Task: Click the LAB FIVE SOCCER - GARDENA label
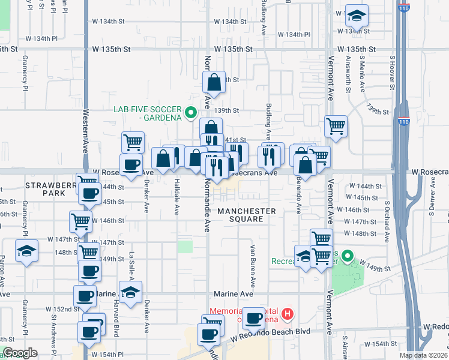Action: pyautogui.click(x=148, y=113)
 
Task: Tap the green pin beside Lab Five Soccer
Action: pyautogui.click(x=191, y=112)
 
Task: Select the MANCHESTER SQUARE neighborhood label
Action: pyautogui.click(x=247, y=215)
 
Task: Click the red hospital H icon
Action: pyautogui.click(x=288, y=314)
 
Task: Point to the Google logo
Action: pyautogui.click(x=20, y=353)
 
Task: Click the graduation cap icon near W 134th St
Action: pyautogui.click(x=357, y=16)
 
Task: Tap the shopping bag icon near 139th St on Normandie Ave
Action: pyautogui.click(x=214, y=83)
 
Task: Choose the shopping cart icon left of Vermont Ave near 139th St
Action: pyautogui.click(x=336, y=126)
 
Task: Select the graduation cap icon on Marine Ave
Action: pyautogui.click(x=130, y=292)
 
